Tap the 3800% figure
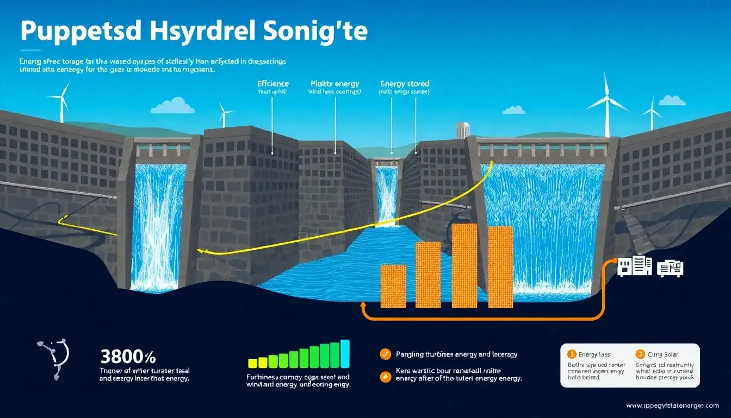[x=128, y=358]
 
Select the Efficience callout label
[x=272, y=84]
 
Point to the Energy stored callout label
[x=405, y=84]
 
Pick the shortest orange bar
[x=393, y=286]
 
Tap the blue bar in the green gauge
[x=345, y=354]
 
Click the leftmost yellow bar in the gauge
[x=252, y=363]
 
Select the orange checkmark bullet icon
[x=385, y=354]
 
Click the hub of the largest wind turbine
[x=606, y=99]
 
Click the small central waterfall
[x=387, y=193]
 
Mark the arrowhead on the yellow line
[x=200, y=251]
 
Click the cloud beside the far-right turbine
[x=672, y=101]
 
